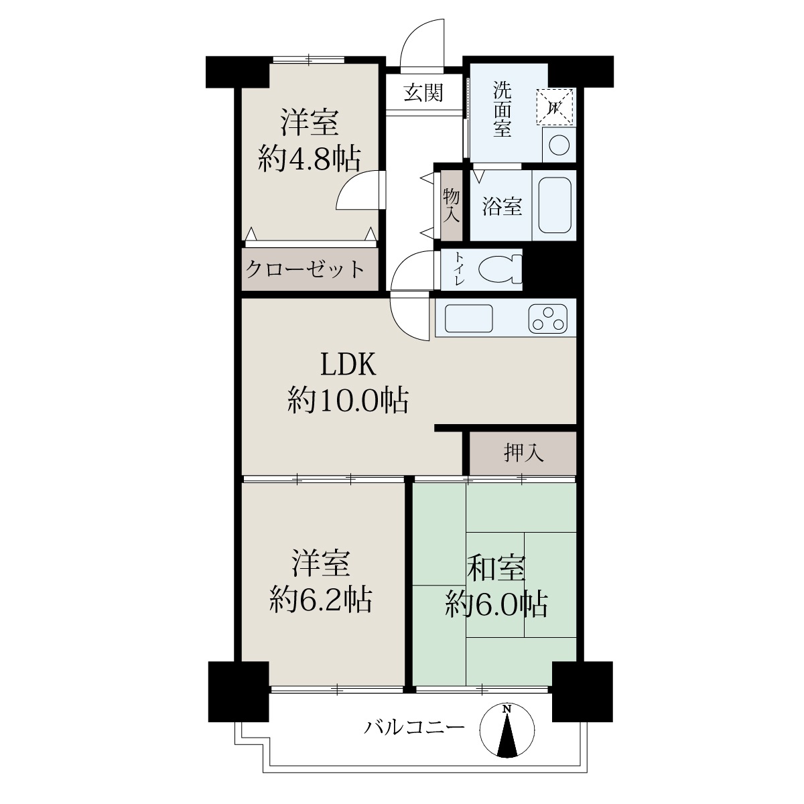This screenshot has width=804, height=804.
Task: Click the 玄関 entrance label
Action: (423, 92)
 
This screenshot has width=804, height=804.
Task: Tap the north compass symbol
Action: (507, 730)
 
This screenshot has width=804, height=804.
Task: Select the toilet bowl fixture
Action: (500, 269)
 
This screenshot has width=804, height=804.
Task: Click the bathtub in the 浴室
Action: (555, 205)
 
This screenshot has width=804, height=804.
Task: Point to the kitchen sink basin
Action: (469, 319)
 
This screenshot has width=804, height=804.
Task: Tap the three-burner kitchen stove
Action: (548, 319)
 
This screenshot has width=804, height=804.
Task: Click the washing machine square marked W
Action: (555, 107)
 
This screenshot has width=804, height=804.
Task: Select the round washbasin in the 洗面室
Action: (559, 145)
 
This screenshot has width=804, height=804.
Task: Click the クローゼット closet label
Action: (305, 269)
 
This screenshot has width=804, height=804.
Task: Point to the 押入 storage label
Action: (524, 453)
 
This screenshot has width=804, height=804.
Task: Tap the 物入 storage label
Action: (452, 205)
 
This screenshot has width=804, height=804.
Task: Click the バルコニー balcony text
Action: (414, 727)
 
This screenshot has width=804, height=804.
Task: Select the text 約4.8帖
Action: (309, 159)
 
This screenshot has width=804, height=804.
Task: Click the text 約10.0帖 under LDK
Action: (348, 401)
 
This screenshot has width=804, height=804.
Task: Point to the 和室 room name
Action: (496, 568)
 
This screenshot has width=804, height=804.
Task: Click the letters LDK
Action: (348, 364)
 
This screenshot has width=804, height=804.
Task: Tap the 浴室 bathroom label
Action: (503, 206)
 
